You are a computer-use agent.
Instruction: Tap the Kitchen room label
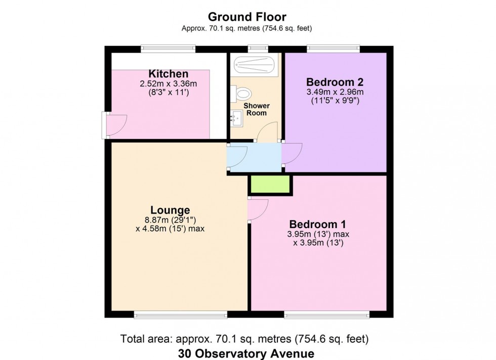click(x=168, y=74)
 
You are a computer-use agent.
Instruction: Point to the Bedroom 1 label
click(x=317, y=224)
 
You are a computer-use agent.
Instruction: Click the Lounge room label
click(x=170, y=210)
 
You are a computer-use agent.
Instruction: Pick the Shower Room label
click(x=256, y=109)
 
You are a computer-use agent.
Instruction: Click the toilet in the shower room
click(x=242, y=94)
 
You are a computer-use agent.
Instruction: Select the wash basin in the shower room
click(x=236, y=119)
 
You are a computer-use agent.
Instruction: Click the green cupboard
click(x=270, y=185)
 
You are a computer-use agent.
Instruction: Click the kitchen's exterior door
click(x=114, y=125)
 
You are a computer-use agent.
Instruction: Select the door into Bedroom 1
click(x=258, y=209)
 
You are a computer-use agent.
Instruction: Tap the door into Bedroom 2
click(x=292, y=153)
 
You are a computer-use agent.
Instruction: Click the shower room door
click(x=267, y=132)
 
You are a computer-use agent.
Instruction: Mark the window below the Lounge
click(x=174, y=314)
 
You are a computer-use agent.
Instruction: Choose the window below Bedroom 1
click(x=326, y=314)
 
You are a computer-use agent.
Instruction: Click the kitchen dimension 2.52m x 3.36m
click(x=168, y=84)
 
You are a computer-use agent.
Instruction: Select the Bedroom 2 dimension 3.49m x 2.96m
click(x=335, y=92)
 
